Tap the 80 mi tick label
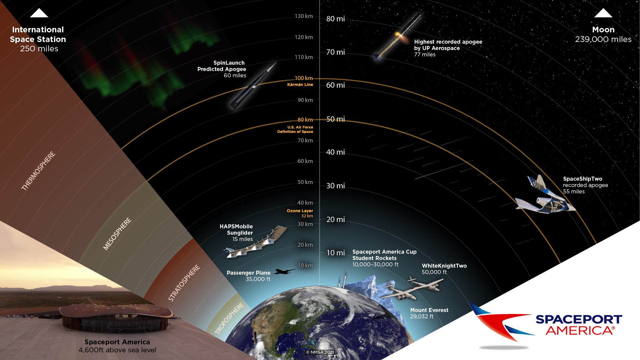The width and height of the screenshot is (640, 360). (335, 19)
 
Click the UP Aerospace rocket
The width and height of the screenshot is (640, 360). (397, 37)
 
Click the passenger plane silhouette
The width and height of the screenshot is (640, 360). (284, 272)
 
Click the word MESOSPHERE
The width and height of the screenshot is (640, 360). (117, 234)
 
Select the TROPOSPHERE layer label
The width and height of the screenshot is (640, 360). (229, 318)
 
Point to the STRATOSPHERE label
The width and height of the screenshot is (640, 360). (184, 283)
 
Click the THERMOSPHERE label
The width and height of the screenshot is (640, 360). (38, 171)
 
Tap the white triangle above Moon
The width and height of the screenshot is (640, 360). (603, 13)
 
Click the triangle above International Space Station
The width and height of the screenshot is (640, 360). (39, 13)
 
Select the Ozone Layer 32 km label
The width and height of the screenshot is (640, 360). (300, 213)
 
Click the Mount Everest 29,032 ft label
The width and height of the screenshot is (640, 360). (429, 313)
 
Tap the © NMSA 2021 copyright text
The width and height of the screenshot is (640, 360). (320, 352)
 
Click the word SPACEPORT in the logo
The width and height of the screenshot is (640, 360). (579, 319)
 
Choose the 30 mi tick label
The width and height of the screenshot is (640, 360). (335, 186)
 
